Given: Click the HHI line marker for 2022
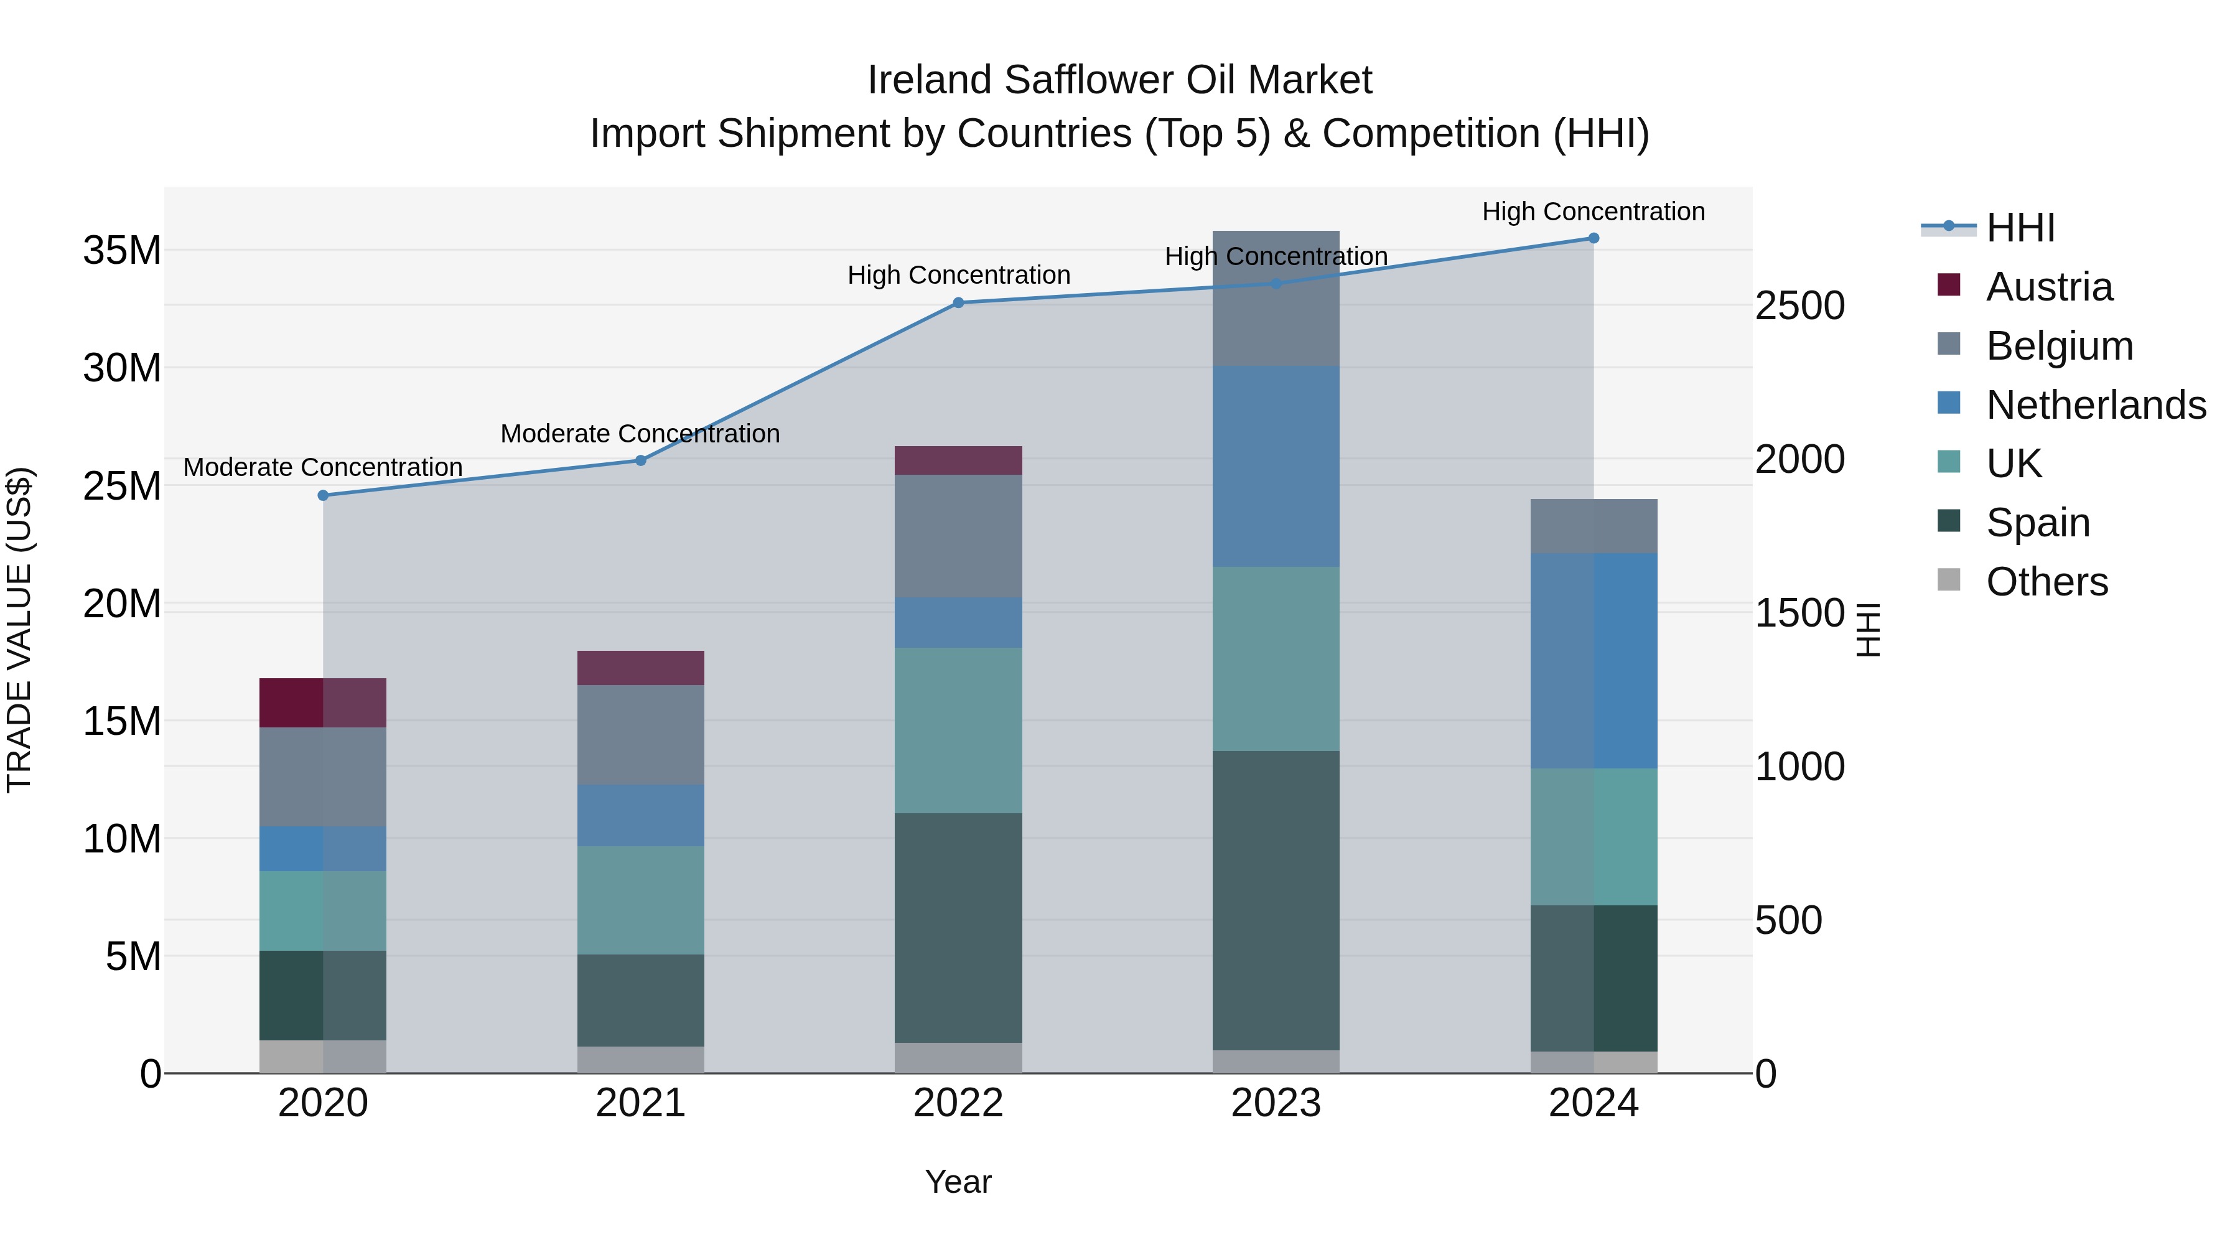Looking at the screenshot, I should [958, 302].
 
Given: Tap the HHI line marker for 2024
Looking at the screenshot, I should [1594, 238].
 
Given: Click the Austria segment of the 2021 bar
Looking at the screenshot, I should [641, 668].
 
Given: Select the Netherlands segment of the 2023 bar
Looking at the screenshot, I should [1276, 467].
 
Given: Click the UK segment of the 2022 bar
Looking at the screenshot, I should [958, 730].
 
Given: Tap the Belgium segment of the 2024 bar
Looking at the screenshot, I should [1594, 526].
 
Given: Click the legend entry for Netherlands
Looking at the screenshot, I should [2096, 405].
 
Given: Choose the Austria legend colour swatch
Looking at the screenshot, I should [1949, 285].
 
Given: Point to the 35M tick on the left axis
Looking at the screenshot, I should [122, 250].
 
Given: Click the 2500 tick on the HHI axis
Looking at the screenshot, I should [1799, 306].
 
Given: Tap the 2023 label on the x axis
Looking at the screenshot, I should [1276, 1103].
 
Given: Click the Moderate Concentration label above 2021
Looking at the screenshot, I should [640, 433].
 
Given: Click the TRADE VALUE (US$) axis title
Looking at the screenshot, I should [19, 630].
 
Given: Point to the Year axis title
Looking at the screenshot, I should [958, 1182].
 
